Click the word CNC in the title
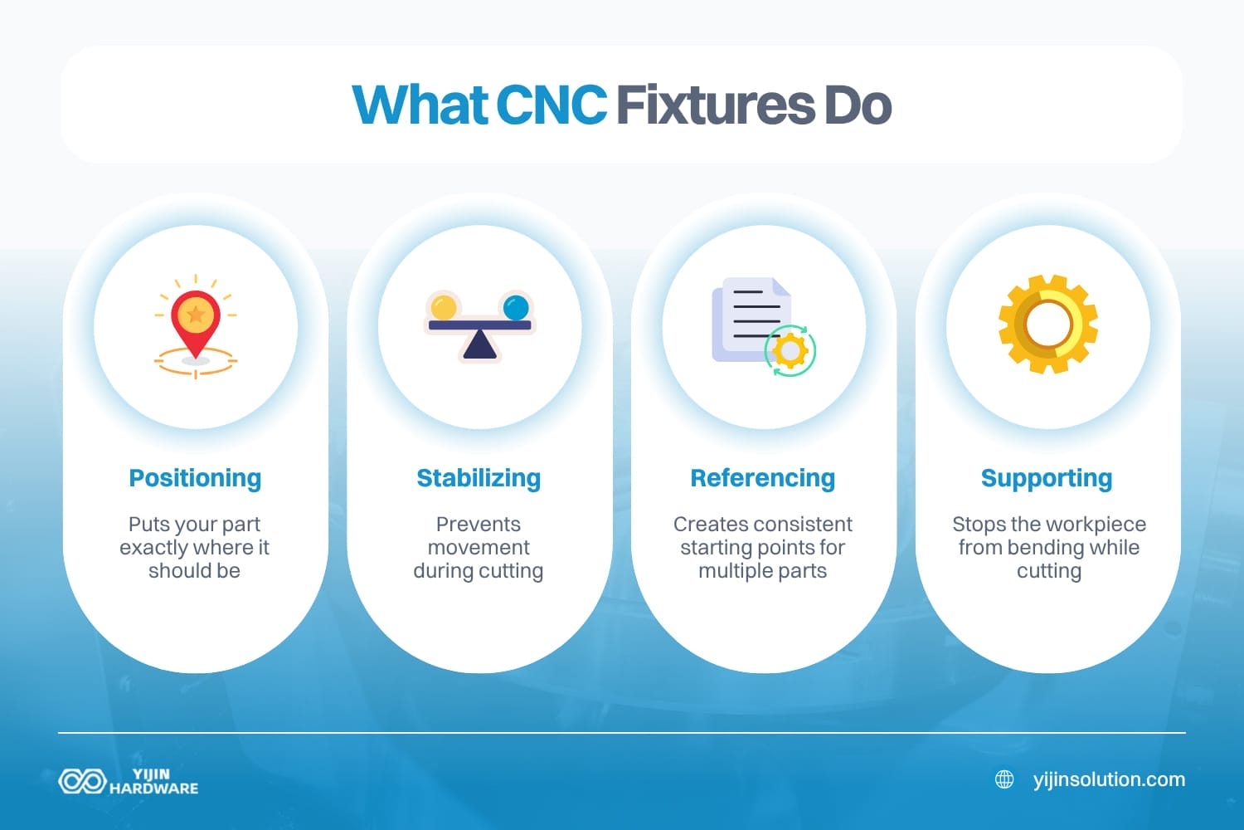pyautogui.click(x=551, y=105)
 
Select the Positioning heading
pyautogui.click(x=195, y=478)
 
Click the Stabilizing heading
pyautogui.click(x=479, y=478)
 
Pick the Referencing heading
pyautogui.click(x=762, y=478)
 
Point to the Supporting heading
pyautogui.click(x=1047, y=478)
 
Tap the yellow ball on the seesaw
pyautogui.click(x=444, y=306)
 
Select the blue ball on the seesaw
pyautogui.click(x=516, y=306)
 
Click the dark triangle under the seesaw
pyautogui.click(x=480, y=345)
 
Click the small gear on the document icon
pyautogui.click(x=790, y=350)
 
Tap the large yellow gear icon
pyautogui.click(x=1048, y=324)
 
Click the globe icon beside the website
pyautogui.click(x=1004, y=779)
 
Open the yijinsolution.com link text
pyautogui.click(x=1109, y=779)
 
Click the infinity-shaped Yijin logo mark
pyautogui.click(x=81, y=781)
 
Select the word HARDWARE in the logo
pyautogui.click(x=154, y=788)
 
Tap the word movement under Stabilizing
pyautogui.click(x=479, y=548)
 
